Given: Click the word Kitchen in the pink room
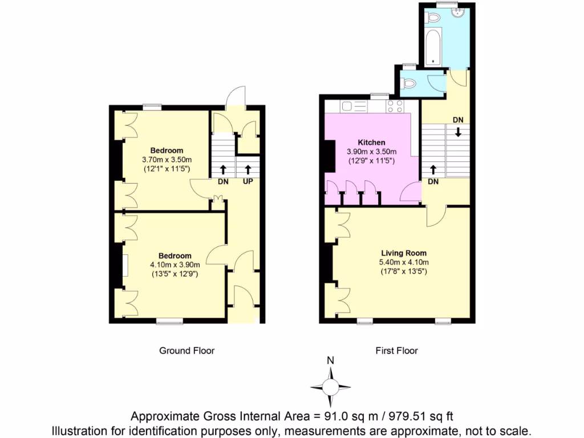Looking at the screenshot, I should point(371,142).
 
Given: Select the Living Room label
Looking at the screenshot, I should point(404,253).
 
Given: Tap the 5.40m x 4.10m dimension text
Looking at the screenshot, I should point(404,262).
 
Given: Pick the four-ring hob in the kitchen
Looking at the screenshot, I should point(395,106).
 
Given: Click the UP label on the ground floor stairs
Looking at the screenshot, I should point(248,182).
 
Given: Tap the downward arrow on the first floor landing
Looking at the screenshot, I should point(458,132).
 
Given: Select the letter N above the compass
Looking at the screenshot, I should point(330,360).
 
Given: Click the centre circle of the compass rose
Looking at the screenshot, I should point(330,387).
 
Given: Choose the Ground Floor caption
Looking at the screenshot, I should point(186,351).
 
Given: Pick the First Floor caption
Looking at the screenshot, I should point(396,351).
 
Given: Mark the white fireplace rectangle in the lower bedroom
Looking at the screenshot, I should point(124,265).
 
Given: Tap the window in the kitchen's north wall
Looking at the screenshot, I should point(379,96).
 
